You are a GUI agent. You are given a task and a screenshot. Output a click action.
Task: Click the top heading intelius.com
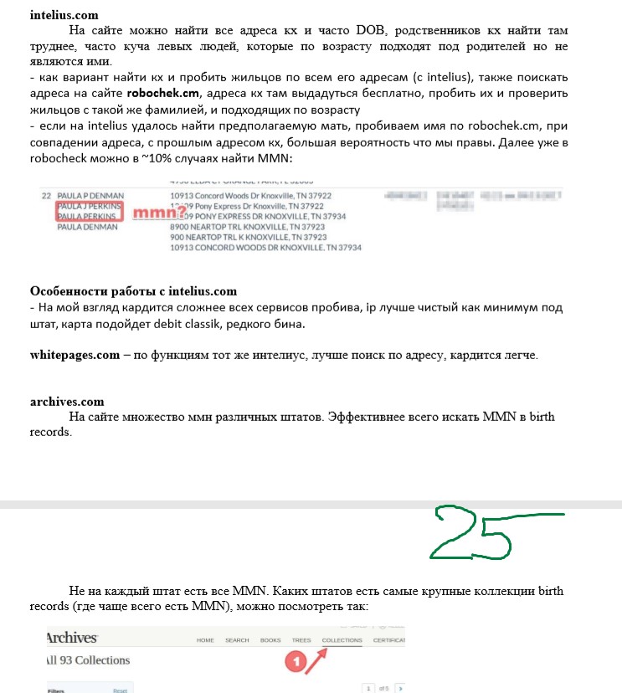click(64, 15)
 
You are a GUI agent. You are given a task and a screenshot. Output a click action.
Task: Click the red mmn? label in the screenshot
click(156, 213)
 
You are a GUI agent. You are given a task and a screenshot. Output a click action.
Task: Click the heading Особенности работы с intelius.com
click(134, 291)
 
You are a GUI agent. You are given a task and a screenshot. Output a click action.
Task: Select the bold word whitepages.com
click(75, 355)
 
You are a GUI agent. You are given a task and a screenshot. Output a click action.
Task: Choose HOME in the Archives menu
click(205, 640)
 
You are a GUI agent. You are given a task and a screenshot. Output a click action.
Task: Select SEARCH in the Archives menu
click(237, 640)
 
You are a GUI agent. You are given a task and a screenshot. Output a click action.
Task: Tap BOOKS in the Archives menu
click(270, 640)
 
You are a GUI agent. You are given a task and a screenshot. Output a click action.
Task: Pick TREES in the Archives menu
click(301, 640)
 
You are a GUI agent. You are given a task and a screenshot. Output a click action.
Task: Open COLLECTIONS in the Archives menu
click(342, 640)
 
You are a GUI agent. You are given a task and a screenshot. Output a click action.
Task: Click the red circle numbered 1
click(294, 661)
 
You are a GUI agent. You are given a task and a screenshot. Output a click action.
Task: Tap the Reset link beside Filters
click(120, 690)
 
